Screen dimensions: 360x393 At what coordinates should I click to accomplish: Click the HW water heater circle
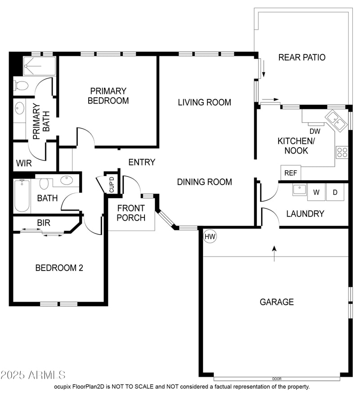click(210, 237)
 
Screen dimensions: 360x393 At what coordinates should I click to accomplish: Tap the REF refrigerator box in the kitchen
click(291, 173)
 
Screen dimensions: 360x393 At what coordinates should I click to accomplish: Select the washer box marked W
click(316, 192)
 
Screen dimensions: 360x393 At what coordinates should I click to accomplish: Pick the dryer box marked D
click(335, 192)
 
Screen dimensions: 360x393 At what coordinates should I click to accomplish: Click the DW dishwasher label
click(315, 131)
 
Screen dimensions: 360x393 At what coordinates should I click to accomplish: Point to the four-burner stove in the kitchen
click(342, 153)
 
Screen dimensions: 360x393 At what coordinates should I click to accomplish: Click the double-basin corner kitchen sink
click(336, 120)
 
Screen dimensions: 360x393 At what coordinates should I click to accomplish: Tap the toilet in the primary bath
click(21, 86)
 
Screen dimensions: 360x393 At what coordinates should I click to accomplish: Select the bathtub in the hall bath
click(22, 196)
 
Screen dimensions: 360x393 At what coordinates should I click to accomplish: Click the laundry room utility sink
click(299, 190)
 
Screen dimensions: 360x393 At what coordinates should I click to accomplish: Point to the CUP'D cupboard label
click(112, 185)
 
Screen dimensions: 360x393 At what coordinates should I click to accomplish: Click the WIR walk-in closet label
click(24, 163)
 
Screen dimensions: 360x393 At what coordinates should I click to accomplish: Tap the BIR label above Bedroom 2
click(44, 223)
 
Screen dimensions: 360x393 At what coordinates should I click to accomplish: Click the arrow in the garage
click(274, 253)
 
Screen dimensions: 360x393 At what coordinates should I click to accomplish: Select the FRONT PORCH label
click(131, 213)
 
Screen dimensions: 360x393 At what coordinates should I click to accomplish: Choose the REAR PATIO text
click(302, 57)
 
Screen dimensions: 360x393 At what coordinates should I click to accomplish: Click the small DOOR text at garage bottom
click(277, 379)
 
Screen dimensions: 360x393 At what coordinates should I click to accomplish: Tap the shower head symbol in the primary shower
click(26, 66)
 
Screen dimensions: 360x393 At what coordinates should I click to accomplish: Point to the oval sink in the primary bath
click(19, 108)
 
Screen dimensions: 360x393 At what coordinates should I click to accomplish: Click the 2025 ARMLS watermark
click(33, 375)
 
